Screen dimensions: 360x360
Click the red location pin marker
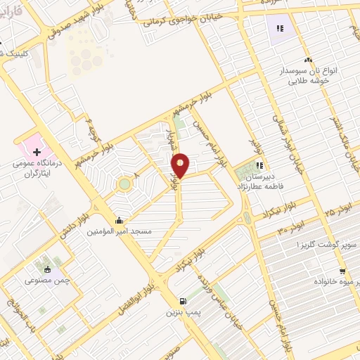[180, 166]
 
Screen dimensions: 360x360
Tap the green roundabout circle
[124, 184]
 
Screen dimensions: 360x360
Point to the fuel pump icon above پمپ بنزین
[183, 300]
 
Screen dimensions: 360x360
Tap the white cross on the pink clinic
[37, 151]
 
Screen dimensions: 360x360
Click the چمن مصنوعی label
[48, 280]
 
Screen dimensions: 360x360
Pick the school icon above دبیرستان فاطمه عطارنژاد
[259, 167]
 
